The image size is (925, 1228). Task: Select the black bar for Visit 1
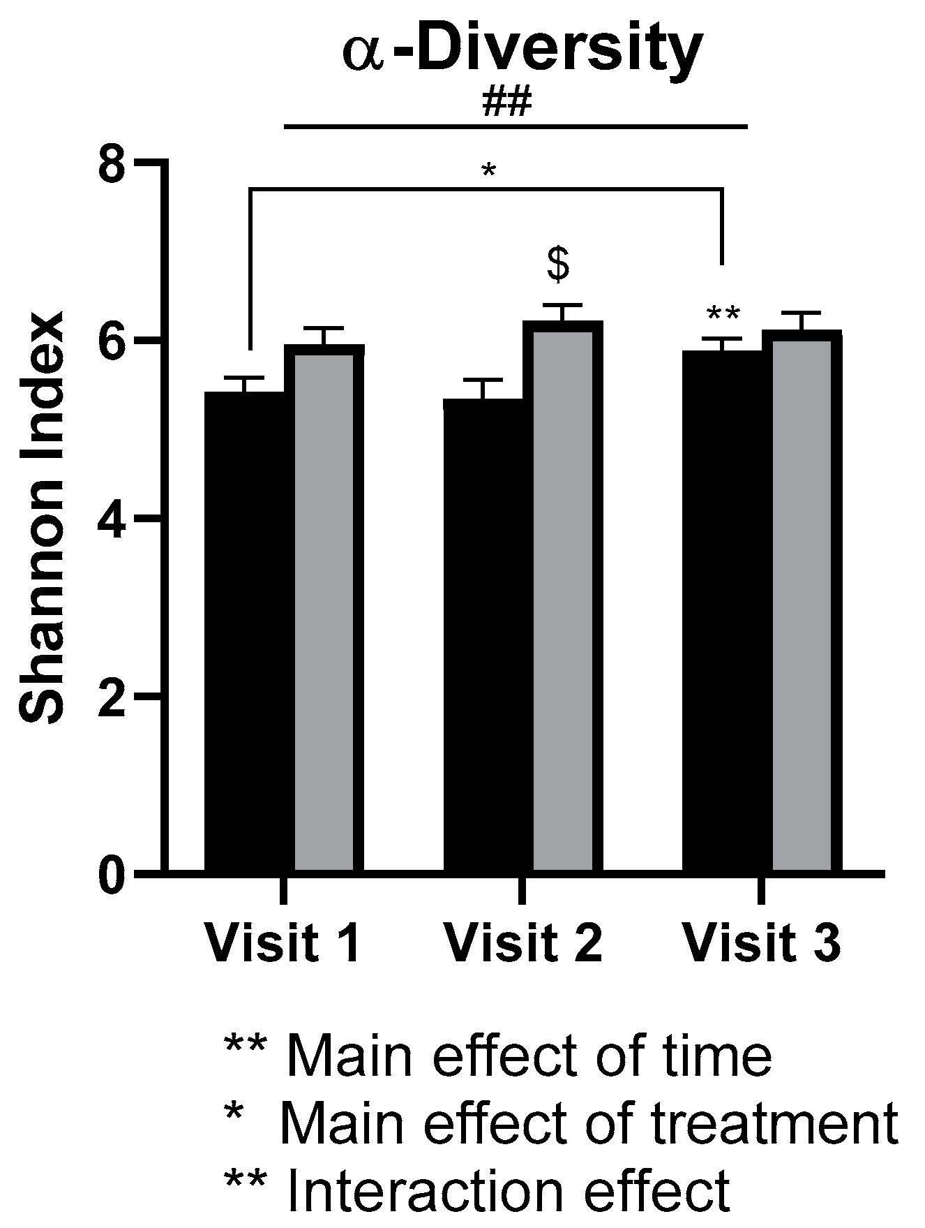248,628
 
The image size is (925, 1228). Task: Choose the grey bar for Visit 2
563,600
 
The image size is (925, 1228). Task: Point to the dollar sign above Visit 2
558,264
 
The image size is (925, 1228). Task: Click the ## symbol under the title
507,103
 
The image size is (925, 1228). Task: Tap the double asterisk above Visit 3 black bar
722,315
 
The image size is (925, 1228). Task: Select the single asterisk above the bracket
488,170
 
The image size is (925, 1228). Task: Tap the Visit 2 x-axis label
522,943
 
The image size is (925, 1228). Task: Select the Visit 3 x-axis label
761,943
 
